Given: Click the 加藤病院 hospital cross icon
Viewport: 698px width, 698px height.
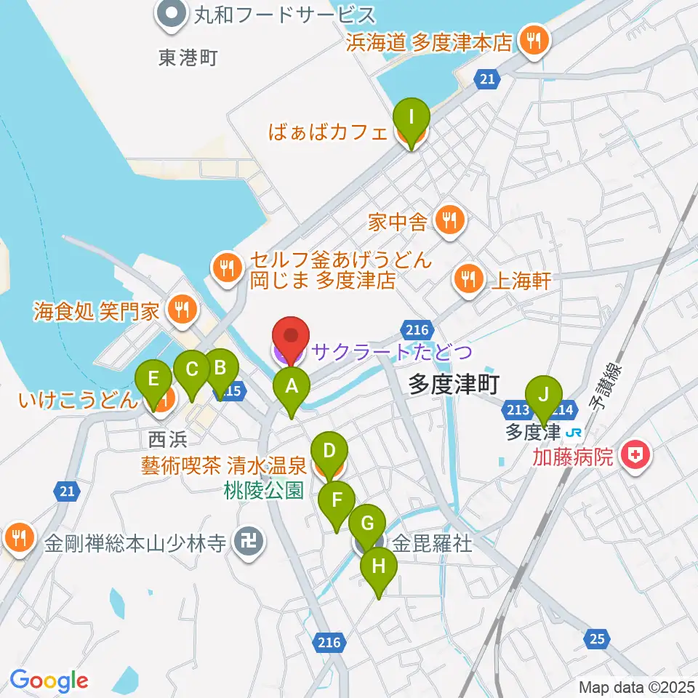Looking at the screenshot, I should [x=635, y=457].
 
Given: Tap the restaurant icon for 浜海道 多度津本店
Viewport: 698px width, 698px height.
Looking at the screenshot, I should [x=534, y=42].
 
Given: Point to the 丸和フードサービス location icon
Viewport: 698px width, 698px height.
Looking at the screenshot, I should [x=172, y=15].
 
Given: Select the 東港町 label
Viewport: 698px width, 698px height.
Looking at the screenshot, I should [x=188, y=57].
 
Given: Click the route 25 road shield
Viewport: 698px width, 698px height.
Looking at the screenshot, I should [x=596, y=638].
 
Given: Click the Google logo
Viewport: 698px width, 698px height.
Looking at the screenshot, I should [x=49, y=681].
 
